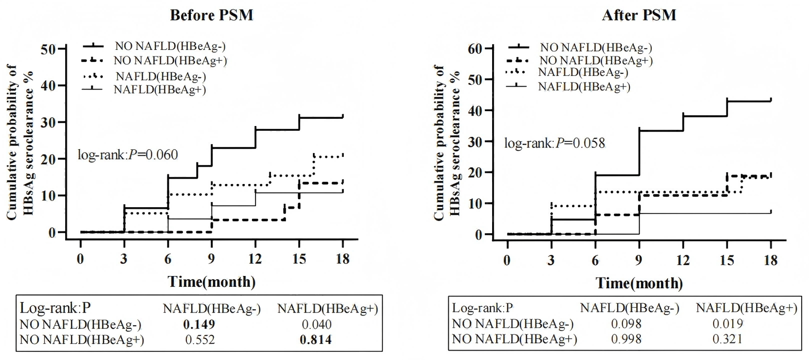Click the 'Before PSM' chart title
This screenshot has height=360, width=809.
tap(212, 15)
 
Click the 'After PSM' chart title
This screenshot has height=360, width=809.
tap(639, 15)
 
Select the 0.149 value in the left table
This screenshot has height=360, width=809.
tap(199, 324)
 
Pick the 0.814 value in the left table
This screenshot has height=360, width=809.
tap(316, 340)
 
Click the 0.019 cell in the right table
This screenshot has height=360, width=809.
tap(727, 324)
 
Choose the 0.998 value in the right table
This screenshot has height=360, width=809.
tap(626, 339)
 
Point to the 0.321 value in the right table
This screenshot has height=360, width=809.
tap(727, 339)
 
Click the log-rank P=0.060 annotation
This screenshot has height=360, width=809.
tap(128, 154)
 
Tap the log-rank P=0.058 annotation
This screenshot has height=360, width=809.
tap(555, 143)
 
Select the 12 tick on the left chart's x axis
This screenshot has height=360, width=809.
tap(255, 259)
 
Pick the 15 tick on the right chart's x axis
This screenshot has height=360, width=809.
tap(727, 260)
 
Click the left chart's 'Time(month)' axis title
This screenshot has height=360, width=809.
tap(212, 282)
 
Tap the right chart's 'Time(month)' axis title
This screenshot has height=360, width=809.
tap(639, 283)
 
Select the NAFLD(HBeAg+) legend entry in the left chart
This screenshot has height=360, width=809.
tap(160, 89)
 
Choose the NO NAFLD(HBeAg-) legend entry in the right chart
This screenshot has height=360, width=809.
tap(596, 48)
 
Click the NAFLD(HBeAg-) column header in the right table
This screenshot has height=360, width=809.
tap(630, 308)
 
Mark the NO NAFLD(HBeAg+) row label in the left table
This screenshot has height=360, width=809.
tap(82, 340)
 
